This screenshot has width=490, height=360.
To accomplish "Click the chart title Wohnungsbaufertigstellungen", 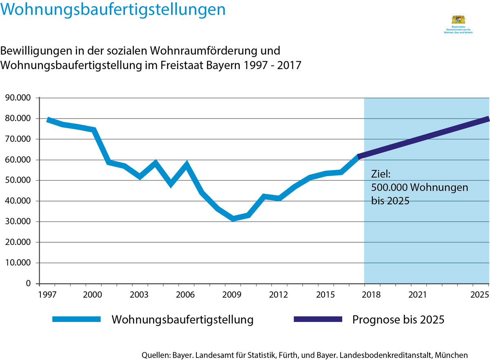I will pyautogui.click(x=114, y=10).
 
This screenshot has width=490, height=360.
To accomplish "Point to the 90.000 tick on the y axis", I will pyautogui.click(x=20, y=98).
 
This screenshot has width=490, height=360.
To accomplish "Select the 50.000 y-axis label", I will pyautogui.click(x=20, y=181).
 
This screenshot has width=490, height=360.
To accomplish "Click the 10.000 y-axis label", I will pyautogui.click(x=20, y=263).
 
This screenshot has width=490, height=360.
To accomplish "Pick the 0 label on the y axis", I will pyautogui.click(x=28, y=284).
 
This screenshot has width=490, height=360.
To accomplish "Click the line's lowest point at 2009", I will pyautogui.click(x=233, y=219).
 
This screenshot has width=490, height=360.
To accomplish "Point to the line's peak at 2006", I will pyautogui.click(x=187, y=165).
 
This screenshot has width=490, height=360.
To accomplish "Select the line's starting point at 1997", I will pyautogui.click(x=48, y=120).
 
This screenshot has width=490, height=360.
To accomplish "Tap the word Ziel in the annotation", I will pyautogui.click(x=381, y=174).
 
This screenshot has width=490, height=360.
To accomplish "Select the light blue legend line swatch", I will pyautogui.click(x=76, y=320).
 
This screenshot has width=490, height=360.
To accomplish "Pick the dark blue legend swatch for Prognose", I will pyautogui.click(x=318, y=320).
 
